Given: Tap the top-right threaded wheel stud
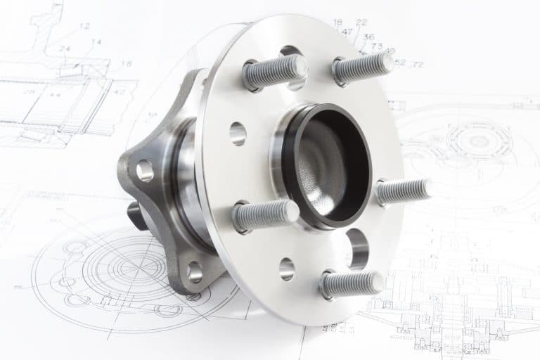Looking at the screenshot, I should (363, 67).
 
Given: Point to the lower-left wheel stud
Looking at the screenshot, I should (266, 214).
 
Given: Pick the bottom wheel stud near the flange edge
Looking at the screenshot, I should (351, 284).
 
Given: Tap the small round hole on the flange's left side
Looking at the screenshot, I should (238, 133).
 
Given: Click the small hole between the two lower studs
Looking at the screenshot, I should (287, 269).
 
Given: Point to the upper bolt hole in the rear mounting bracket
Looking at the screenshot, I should (145, 170).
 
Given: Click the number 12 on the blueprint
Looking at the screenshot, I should (84, 27).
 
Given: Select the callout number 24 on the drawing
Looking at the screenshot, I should (65, 49).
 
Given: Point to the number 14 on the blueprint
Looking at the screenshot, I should (96, 42).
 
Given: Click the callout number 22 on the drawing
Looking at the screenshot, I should (361, 22).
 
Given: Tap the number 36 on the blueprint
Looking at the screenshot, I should (368, 37).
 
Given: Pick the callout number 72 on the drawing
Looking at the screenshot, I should (418, 64).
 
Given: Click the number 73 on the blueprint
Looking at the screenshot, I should (377, 46).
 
